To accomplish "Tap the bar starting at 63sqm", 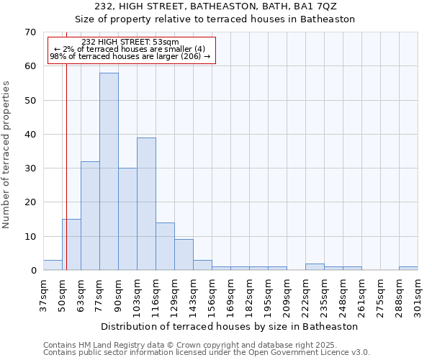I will click(x=90, y=216).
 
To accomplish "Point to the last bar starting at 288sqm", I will click(x=408, y=269).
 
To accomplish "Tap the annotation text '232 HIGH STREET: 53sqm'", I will click(x=130, y=42).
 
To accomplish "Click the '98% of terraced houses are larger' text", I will click(x=130, y=57).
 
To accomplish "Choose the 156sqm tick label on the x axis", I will click(x=212, y=295).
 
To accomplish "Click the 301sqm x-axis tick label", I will click(x=418, y=295).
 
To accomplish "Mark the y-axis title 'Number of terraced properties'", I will click(x=6, y=155).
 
